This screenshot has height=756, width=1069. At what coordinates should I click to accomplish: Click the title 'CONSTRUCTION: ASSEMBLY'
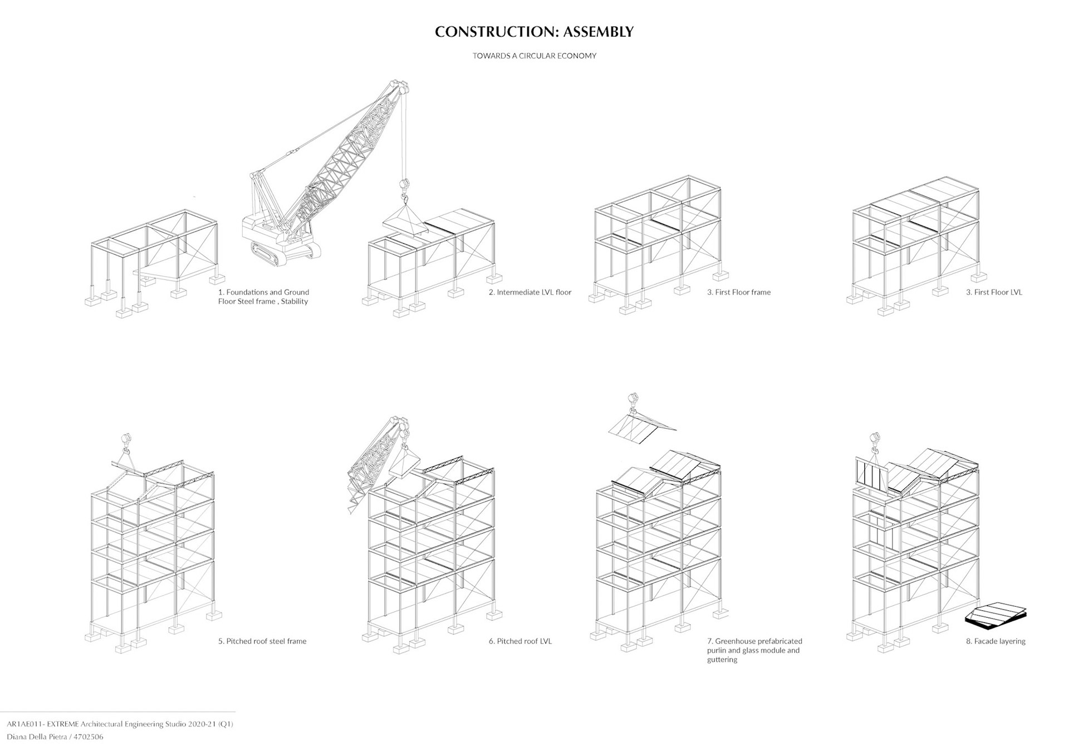[534, 32]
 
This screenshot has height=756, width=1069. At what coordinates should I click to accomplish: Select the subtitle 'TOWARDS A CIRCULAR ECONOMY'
[534, 56]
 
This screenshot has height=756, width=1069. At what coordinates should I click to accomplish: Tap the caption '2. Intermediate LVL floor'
[529, 292]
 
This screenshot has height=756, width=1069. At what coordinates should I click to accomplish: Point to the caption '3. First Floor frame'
[738, 292]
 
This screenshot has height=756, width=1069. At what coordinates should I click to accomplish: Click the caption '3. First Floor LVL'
[994, 292]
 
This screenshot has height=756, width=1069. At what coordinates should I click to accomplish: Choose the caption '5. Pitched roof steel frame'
[262, 641]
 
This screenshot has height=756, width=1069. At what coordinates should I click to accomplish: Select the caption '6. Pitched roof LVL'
[520, 641]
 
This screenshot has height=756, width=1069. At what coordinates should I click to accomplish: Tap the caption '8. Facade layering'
[995, 641]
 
